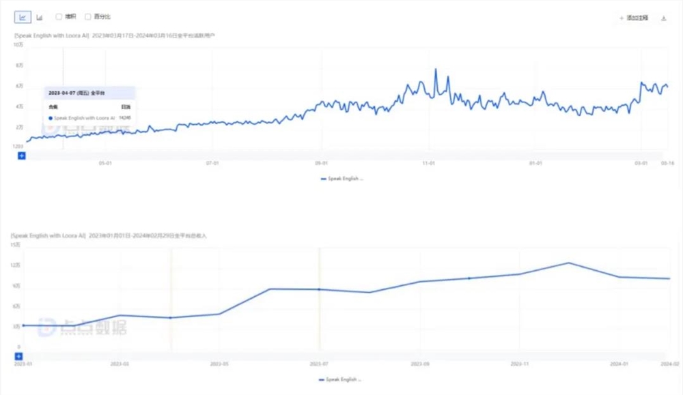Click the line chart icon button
(23, 17)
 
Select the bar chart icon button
(40, 17)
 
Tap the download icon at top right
(664, 18)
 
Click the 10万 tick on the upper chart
(19, 44)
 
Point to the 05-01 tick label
(105, 163)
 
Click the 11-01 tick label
(429, 163)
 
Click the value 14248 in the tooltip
(125, 118)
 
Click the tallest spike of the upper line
(436, 70)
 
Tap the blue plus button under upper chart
(21, 156)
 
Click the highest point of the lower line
(568, 263)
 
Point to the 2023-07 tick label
(319, 364)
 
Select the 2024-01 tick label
(619, 364)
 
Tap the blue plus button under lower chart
(18, 356)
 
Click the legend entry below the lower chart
(340, 379)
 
